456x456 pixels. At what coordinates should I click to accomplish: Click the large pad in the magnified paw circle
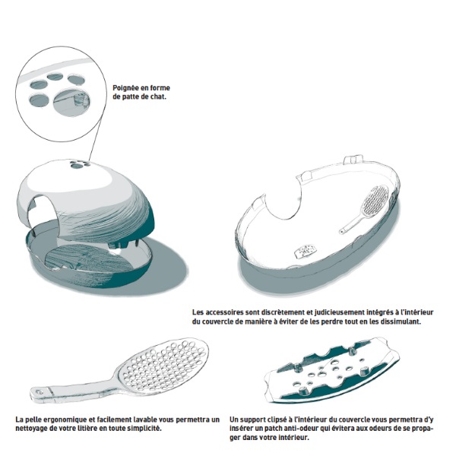(71, 102)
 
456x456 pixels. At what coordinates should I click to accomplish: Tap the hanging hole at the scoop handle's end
(40, 392)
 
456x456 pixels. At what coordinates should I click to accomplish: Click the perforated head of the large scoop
(164, 363)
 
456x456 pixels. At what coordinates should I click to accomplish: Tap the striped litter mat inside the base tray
(87, 260)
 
